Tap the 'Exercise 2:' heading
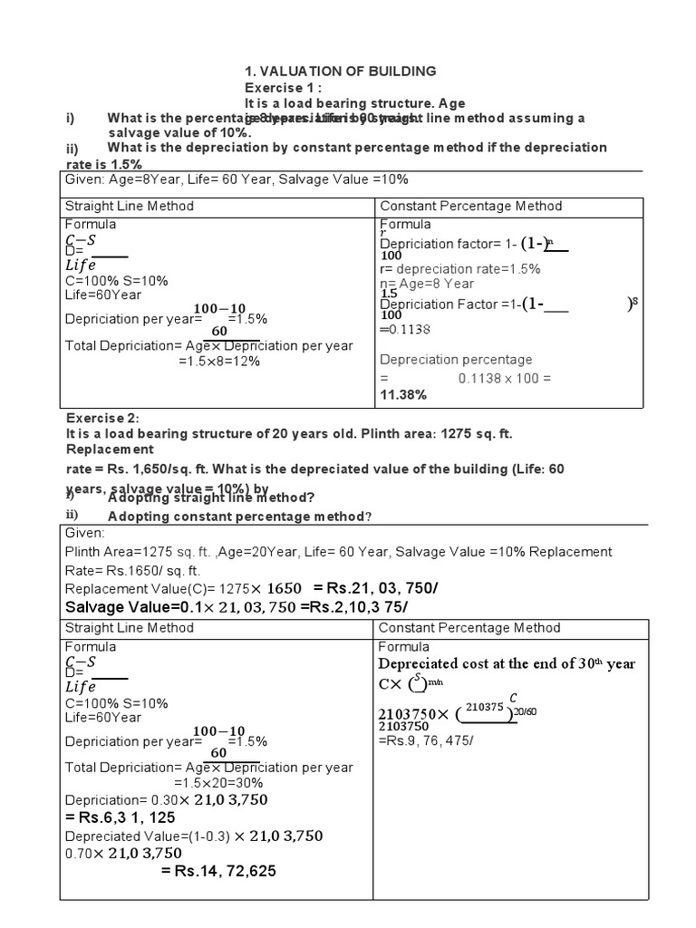click(102, 418)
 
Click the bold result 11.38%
click(402, 395)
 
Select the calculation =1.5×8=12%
click(219, 361)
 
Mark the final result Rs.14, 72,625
click(218, 871)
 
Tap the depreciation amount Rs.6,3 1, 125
click(121, 817)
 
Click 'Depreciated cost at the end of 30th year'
click(507, 663)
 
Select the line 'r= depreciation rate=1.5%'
click(460, 268)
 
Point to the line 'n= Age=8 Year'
click(427, 284)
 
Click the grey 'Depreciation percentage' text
click(456, 360)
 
